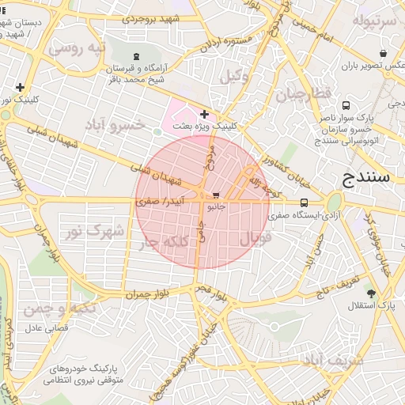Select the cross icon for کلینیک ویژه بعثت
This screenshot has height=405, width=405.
pos(205,115)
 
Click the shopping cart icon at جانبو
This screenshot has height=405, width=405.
pos(216,195)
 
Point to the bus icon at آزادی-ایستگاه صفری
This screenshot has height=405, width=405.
pos(305,202)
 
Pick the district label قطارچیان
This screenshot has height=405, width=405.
pos(301,97)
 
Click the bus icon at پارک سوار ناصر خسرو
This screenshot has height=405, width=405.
pos(346,105)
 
